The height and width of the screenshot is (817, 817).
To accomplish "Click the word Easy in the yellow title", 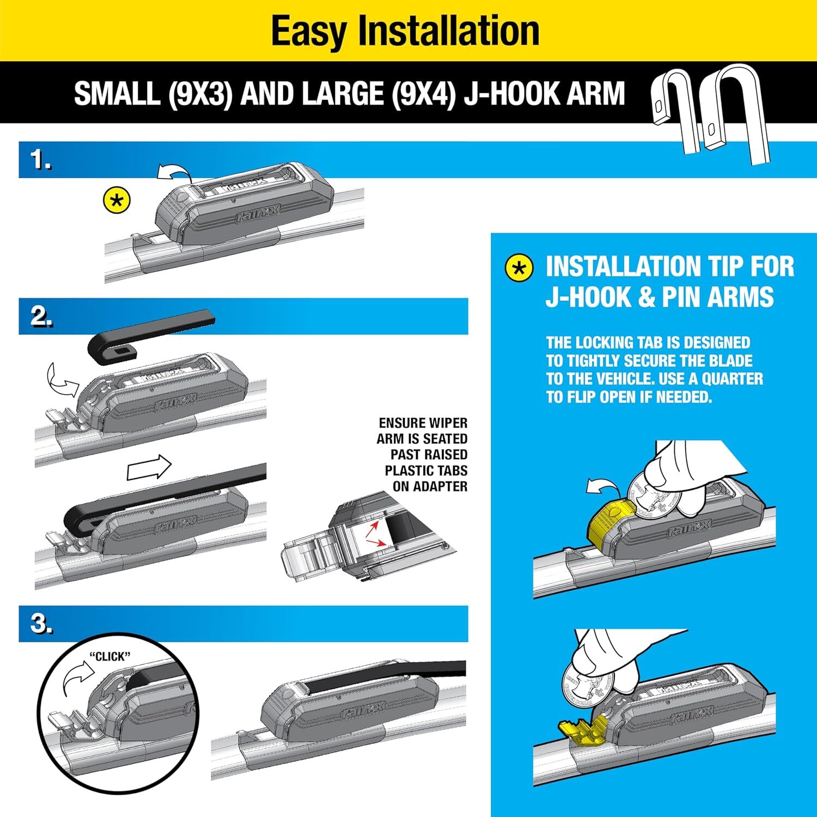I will coord(309,31).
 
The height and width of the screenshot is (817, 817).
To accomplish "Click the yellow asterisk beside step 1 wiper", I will coord(117,201).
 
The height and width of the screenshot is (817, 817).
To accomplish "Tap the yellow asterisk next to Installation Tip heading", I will coord(519,268).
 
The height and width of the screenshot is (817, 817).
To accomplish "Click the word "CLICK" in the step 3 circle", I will coord(110,657).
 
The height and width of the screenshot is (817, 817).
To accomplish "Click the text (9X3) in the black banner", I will coord(200,94).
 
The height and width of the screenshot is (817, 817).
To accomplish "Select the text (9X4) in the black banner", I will coord(423,94).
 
